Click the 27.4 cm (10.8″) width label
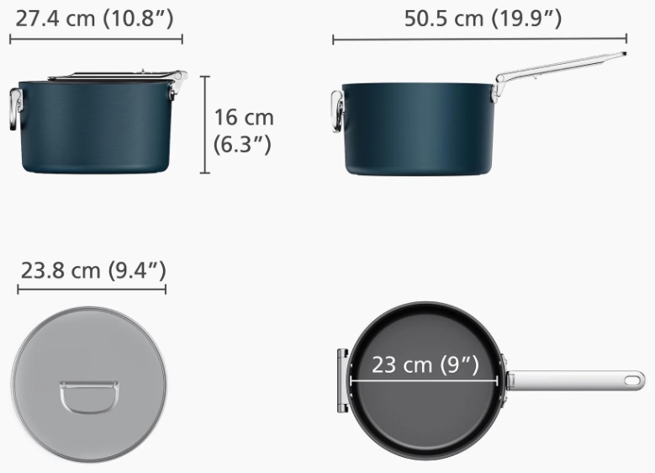(94, 19)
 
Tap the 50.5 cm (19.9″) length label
(483, 19)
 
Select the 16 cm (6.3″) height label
(244, 130)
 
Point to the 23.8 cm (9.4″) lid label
(93, 270)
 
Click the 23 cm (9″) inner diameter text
(425, 364)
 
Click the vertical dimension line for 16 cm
(204, 125)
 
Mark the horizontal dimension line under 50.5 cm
(479, 40)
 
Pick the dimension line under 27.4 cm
(96, 40)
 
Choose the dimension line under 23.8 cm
(92, 289)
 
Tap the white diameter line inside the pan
(424, 381)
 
